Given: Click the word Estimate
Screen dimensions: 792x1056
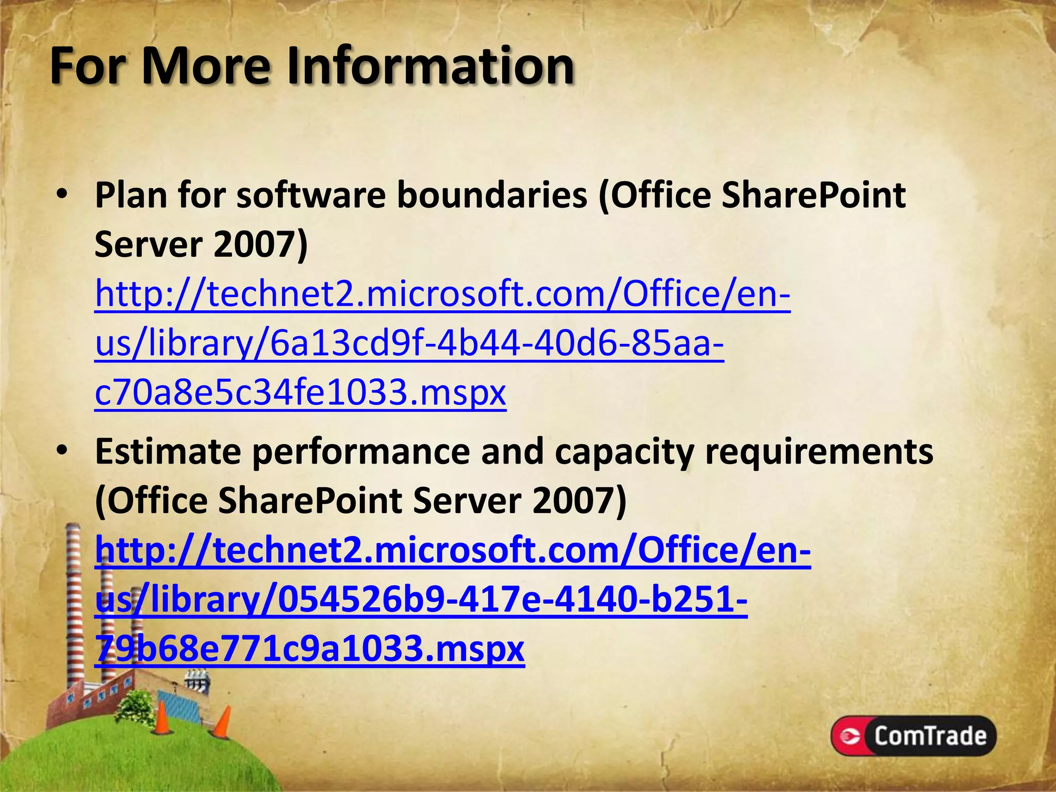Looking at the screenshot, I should coord(168,451).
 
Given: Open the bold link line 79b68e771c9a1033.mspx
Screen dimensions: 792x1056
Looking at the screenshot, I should coord(309,649).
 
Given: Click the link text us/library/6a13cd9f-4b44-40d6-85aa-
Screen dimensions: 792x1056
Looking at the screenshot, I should coord(409,343).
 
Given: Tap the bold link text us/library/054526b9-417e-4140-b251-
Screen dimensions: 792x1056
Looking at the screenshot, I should coord(421,600).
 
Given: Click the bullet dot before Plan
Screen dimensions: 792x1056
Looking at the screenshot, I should coord(62,195).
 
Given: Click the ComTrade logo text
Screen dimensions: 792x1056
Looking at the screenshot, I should coord(930,735).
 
